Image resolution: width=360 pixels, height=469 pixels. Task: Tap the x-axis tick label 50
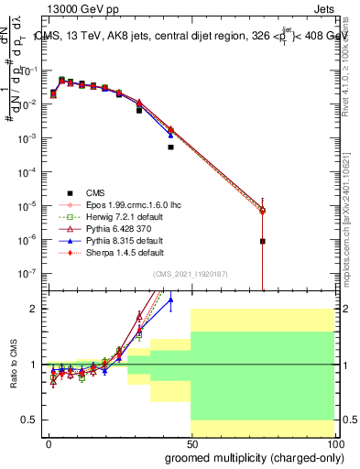coord(191,444)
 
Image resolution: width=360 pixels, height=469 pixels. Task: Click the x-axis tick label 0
coord(49,444)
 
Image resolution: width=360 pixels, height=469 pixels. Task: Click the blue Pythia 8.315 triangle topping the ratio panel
coord(170,300)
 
